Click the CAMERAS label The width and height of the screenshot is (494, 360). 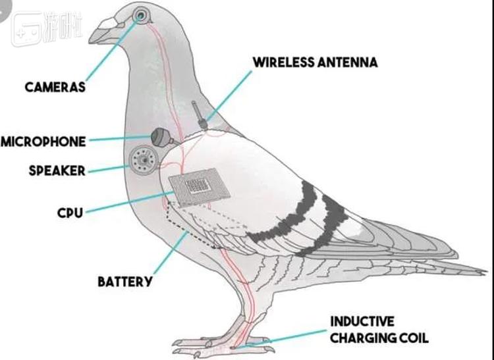pos(55,87)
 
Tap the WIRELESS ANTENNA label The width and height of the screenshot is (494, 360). pos(316,63)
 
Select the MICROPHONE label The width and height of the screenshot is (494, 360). pos(43,141)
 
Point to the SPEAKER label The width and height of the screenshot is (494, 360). pos(57,170)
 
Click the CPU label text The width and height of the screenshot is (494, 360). pos(70,213)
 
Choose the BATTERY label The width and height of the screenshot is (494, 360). pos(125,281)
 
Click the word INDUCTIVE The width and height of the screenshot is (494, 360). pos(362,322)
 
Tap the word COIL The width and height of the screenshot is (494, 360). pos(414,338)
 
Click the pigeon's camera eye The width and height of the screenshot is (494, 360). pos(140,14)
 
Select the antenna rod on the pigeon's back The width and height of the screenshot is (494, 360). pos(199,115)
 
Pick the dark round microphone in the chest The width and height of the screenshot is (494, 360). pos(161,137)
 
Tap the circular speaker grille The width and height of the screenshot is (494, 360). pos(144,161)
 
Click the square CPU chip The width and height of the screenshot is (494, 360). pos(200,187)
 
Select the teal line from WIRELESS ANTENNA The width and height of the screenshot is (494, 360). pos(229,96)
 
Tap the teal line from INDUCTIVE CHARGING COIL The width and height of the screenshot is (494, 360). pos(281,339)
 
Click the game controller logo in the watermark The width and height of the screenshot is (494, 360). pos(28,29)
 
